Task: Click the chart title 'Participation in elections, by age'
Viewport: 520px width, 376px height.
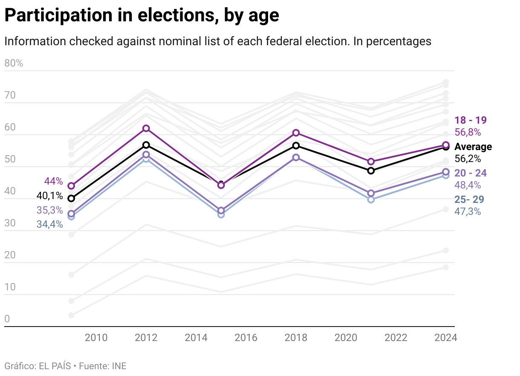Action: tap(142, 16)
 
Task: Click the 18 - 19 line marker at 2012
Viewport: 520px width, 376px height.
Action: tap(146, 128)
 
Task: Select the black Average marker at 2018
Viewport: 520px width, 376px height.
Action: tap(296, 146)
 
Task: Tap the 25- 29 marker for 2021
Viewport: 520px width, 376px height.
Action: tap(371, 199)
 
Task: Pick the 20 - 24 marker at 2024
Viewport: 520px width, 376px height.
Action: tap(446, 172)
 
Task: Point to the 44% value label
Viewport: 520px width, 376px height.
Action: tap(53, 181)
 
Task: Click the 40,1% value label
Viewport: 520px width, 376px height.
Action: tap(50, 196)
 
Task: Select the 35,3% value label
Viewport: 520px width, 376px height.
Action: tap(50, 210)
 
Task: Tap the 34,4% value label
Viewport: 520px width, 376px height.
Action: tap(50, 224)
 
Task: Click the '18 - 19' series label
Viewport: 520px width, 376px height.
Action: tap(471, 120)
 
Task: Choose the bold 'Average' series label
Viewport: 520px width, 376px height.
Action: tap(473, 147)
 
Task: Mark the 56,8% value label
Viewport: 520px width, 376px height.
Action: tap(468, 132)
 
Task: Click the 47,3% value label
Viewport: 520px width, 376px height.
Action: tap(468, 211)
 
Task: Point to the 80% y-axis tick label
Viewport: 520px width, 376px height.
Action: tap(14, 64)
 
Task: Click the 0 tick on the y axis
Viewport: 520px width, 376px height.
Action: tap(7, 319)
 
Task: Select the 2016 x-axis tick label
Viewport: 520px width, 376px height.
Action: tap(246, 338)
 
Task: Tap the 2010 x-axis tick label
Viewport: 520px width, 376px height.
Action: tap(96, 338)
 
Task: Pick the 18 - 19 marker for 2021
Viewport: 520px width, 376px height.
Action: tap(371, 162)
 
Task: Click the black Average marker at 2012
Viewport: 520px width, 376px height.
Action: tap(146, 145)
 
